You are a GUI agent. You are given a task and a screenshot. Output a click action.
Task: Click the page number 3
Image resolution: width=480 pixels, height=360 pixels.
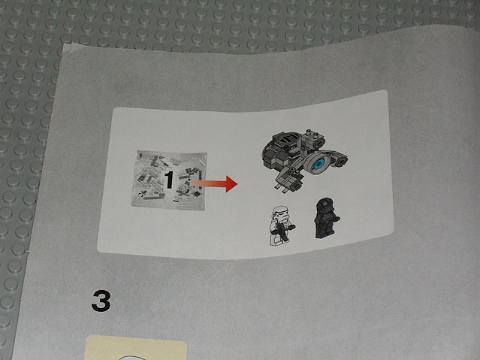pyautogui.click(x=101, y=301)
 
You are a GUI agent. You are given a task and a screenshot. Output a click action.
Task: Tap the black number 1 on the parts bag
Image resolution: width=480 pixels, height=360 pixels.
pyautogui.click(x=169, y=180)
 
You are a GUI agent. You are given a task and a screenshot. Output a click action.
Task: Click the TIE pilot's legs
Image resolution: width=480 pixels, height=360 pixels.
pyautogui.click(x=321, y=234)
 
